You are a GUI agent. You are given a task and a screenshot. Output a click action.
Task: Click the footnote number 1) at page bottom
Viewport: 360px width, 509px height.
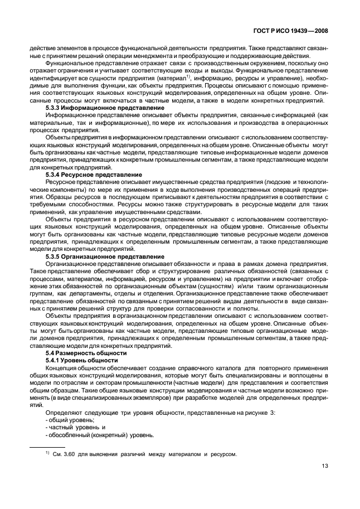click(48, 452)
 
